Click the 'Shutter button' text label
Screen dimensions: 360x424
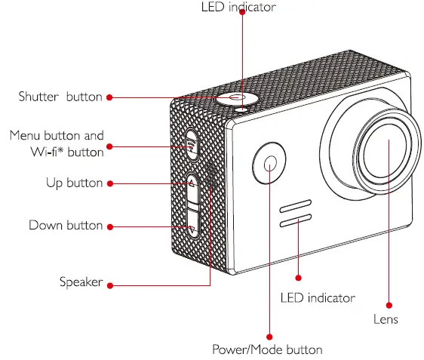click(60, 97)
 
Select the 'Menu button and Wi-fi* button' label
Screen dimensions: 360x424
click(57, 144)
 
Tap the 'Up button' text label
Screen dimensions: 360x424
click(74, 183)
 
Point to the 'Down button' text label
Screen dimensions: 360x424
click(66, 226)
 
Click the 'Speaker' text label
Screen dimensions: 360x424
click(81, 282)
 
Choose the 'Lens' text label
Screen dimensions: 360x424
click(386, 319)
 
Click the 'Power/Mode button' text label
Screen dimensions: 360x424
click(267, 349)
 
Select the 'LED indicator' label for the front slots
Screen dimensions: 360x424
click(317, 298)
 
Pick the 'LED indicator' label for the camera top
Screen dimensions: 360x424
click(238, 8)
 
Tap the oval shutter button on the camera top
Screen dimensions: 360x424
click(235, 98)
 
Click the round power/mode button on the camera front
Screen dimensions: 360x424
click(269, 161)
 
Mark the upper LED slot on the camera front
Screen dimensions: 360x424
click(296, 206)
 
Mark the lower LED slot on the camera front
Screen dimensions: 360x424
click(296, 221)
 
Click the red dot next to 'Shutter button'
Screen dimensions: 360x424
click(109, 97)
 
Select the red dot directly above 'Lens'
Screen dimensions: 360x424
click(389, 305)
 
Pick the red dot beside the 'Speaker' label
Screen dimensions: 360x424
click(110, 285)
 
